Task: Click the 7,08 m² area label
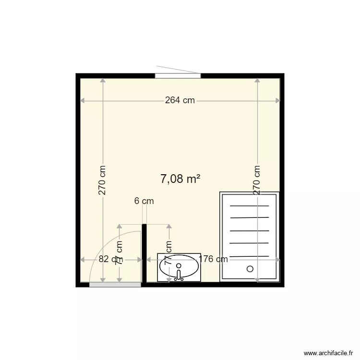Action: click(x=180, y=180)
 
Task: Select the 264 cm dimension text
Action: click(x=180, y=100)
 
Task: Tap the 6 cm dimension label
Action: click(x=144, y=201)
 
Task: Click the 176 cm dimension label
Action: click(x=213, y=259)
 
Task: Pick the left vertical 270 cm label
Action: click(x=102, y=180)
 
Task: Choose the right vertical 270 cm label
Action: click(x=257, y=180)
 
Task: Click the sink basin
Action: click(x=179, y=267)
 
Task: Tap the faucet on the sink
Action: click(x=179, y=275)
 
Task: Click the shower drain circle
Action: click(x=250, y=269)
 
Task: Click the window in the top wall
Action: click(x=178, y=75)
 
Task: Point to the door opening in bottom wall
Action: click(x=115, y=285)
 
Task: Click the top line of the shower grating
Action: click(x=250, y=206)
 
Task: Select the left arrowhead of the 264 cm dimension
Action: click(x=82, y=101)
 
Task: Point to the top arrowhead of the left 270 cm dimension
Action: click(x=102, y=81)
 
